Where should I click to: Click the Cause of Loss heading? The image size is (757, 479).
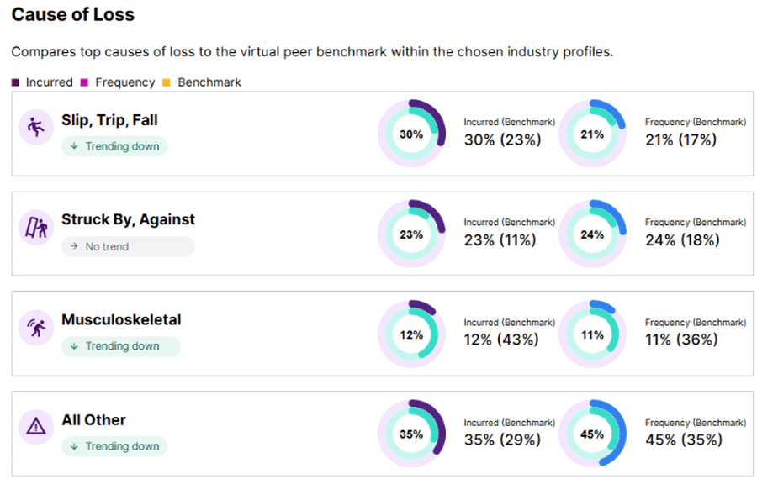(72, 15)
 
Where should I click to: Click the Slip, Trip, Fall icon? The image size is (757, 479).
(35, 128)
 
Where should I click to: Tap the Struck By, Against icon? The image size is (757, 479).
(35, 227)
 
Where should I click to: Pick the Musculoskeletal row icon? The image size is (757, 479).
(35, 327)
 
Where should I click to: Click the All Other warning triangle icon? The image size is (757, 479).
(35, 427)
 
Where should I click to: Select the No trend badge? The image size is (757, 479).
(127, 247)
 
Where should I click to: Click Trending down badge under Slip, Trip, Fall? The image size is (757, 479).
(114, 146)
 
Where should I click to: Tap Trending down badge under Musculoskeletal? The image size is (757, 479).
(120, 346)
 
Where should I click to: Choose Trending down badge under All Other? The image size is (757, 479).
(114, 446)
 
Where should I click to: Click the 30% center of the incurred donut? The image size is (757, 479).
(411, 134)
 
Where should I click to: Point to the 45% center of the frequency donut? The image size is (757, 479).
(592, 434)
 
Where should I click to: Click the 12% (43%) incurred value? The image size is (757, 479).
(501, 340)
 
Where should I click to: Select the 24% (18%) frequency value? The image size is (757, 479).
(682, 239)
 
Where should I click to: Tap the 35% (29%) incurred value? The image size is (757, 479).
(501, 440)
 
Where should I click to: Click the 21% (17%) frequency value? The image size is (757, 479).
(680, 139)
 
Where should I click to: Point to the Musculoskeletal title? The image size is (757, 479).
(121, 320)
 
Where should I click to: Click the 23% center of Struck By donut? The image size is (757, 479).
(411, 234)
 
